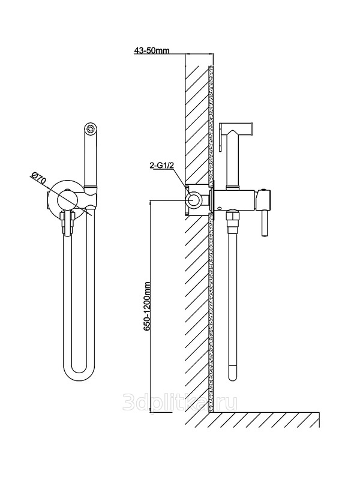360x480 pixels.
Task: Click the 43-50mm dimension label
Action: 152,50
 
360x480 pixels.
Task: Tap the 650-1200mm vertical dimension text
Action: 147,306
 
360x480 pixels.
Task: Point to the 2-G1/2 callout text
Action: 161,166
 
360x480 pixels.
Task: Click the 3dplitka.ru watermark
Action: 179,402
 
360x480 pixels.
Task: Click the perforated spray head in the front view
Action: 90,128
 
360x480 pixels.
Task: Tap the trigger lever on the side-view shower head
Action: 221,137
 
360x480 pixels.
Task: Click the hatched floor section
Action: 264,419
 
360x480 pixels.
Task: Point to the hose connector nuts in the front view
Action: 68,221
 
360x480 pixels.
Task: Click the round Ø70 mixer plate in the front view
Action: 65,201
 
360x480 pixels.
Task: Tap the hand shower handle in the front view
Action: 91,159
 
